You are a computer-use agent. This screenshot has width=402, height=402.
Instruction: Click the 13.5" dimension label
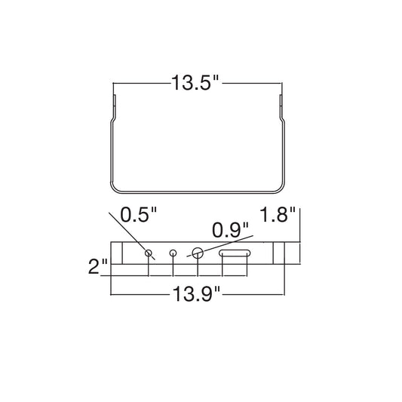coord(195,83)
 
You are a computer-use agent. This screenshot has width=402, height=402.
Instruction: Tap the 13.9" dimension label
coord(196,294)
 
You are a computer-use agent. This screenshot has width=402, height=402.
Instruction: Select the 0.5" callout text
coord(139,214)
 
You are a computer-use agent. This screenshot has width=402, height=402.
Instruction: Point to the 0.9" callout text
coord(231,230)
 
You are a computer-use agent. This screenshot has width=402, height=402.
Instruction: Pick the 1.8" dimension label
coord(278,214)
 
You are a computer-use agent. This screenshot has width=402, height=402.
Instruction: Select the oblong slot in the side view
coord(235,253)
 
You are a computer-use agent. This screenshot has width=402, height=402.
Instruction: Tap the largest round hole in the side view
coord(198,253)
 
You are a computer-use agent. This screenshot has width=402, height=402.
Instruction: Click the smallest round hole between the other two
coord(173,253)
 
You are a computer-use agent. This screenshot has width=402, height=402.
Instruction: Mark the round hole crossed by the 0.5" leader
coord(149,253)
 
